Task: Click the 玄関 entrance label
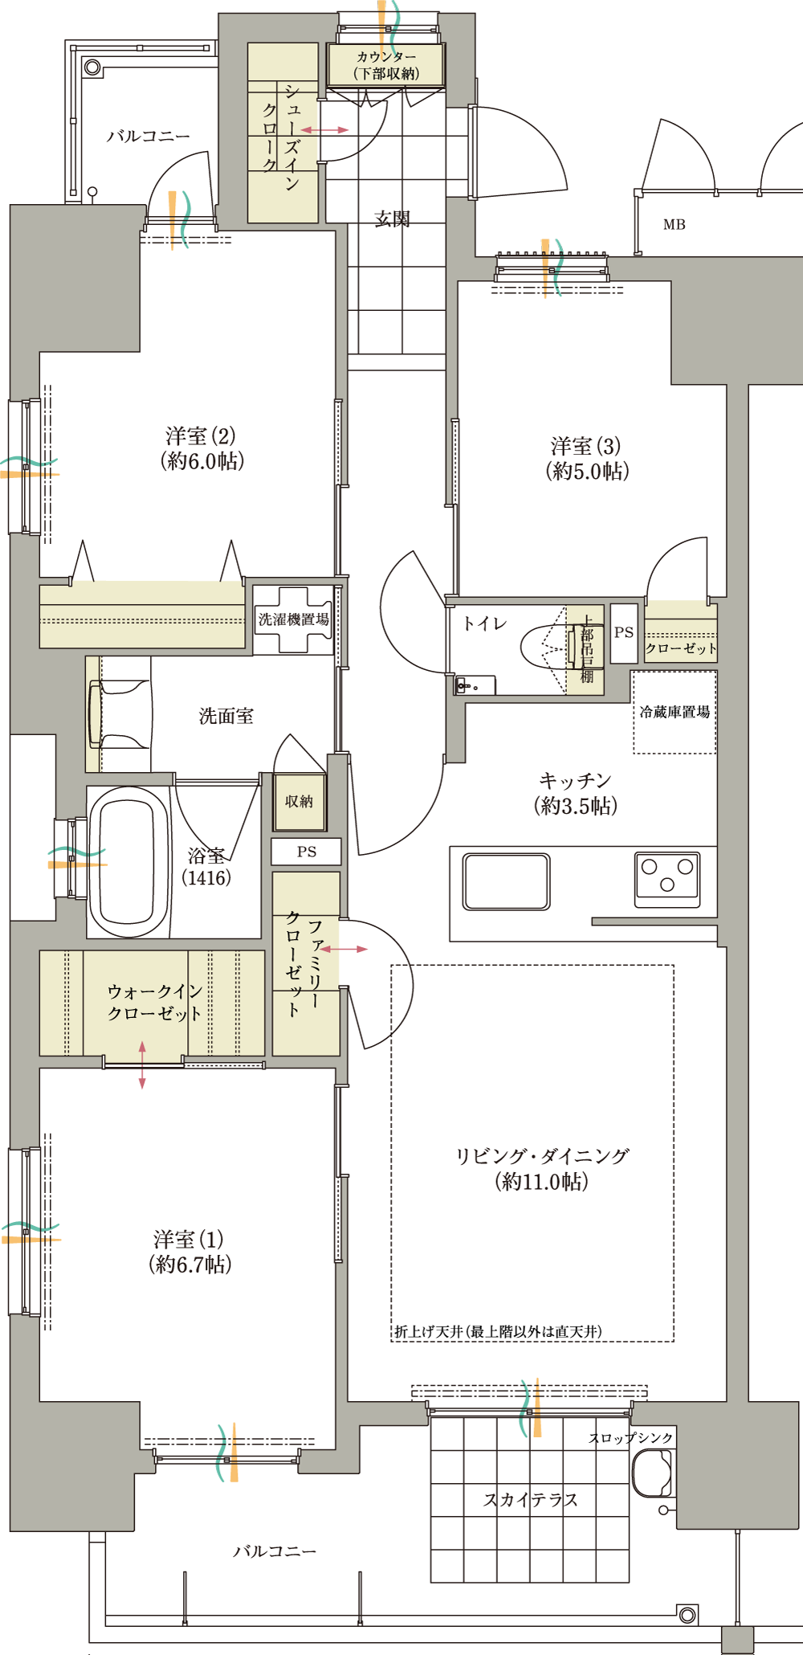[393, 219]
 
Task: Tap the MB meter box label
[675, 225]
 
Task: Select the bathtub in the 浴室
[128, 861]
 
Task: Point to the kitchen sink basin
[507, 881]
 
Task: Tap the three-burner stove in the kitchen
[666, 880]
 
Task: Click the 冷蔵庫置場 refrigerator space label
[675, 712]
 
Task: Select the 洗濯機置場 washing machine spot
[293, 619]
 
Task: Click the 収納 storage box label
[299, 802]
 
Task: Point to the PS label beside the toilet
[624, 632]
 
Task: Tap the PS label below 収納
[307, 852]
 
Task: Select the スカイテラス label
[530, 1500]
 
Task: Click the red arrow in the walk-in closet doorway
[142, 1065]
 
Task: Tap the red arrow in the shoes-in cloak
[324, 129]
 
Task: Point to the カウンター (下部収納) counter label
[386, 65]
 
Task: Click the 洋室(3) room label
[587, 459]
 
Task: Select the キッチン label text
[575, 780]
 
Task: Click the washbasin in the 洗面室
[119, 714]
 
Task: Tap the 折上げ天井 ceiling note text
[498, 1332]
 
